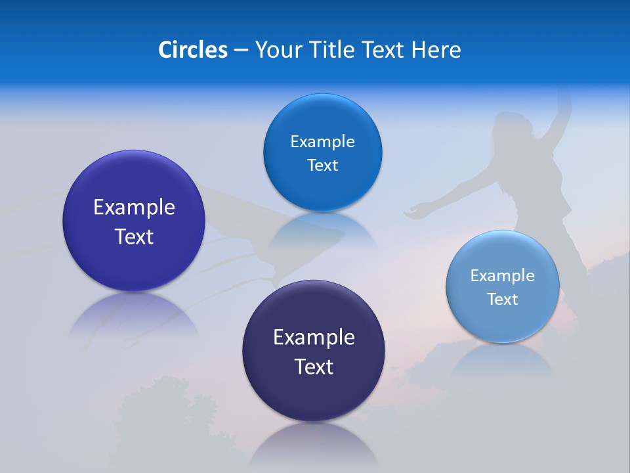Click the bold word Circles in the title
tap(192, 50)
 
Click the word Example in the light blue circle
tap(503, 276)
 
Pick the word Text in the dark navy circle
tap(314, 367)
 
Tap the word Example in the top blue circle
tap(322, 142)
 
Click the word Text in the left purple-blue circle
tap(134, 236)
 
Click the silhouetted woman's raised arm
tap(558, 112)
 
